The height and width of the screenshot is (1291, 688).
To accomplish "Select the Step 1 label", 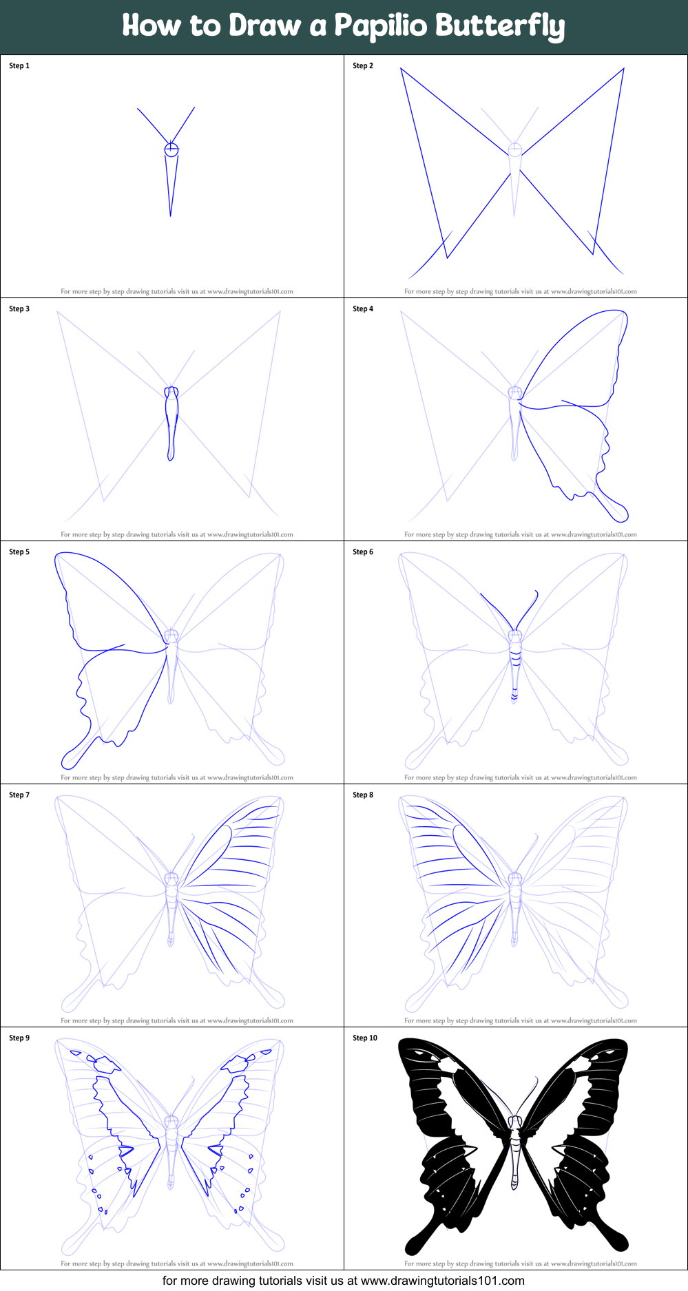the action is click(x=19, y=66).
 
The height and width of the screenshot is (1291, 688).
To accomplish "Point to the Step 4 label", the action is click(x=363, y=309).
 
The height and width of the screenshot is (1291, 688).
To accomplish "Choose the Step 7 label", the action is click(x=19, y=795).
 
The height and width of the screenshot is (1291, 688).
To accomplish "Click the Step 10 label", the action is click(x=365, y=1038).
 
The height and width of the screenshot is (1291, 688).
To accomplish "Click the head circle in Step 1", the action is click(x=171, y=149).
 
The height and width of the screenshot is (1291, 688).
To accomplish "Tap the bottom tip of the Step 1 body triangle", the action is click(x=170, y=216).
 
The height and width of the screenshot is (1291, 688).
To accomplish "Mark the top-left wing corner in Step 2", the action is click(x=401, y=68).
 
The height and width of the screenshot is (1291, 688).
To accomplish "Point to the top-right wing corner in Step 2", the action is click(x=624, y=68).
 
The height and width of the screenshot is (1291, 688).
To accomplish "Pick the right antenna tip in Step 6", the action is click(x=536, y=591).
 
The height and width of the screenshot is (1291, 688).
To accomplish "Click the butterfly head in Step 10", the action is click(x=515, y=1121).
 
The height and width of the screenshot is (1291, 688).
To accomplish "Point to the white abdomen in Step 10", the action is click(x=515, y=1164).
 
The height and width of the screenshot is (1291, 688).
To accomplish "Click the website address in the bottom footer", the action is click(x=443, y=1281).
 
